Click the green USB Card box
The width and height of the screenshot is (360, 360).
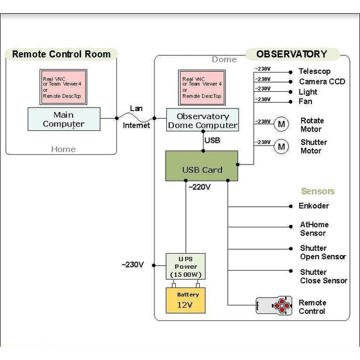click(202, 166)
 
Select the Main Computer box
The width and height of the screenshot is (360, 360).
click(63, 119)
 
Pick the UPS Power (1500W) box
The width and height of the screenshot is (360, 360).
click(186, 266)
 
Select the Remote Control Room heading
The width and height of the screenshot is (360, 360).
click(61, 54)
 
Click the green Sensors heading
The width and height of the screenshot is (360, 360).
click(318, 191)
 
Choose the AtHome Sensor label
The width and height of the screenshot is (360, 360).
click(314, 229)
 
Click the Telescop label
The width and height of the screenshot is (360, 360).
click(314, 71)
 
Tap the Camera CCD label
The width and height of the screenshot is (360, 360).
click(322, 82)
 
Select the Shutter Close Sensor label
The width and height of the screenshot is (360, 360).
click(323, 277)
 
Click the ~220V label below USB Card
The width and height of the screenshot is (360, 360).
click(200, 187)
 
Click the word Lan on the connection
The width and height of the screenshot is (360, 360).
click(136, 109)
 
